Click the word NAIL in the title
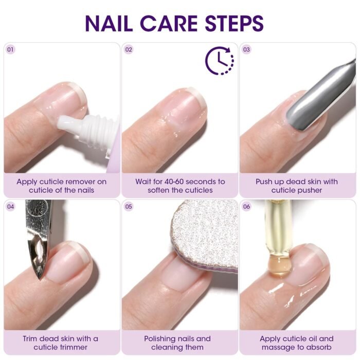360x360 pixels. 109,23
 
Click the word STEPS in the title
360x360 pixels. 234,23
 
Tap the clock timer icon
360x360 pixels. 220,61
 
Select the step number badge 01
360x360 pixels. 10,49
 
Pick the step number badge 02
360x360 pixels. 129,49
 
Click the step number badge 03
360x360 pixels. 246,49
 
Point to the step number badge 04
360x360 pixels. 10,206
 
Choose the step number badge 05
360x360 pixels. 129,206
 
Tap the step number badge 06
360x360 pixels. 246,206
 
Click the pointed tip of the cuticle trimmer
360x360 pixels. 41,278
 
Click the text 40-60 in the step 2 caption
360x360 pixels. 174,182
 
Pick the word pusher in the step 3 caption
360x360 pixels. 309,190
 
